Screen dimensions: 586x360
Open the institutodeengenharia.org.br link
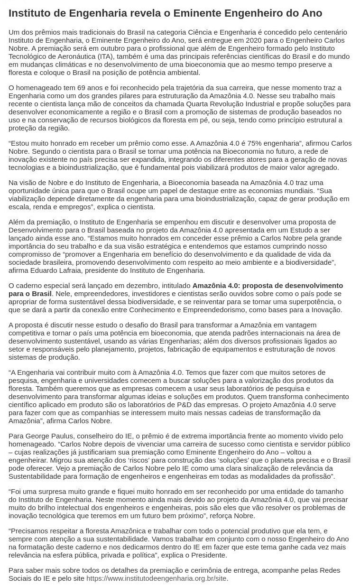(157, 578)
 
